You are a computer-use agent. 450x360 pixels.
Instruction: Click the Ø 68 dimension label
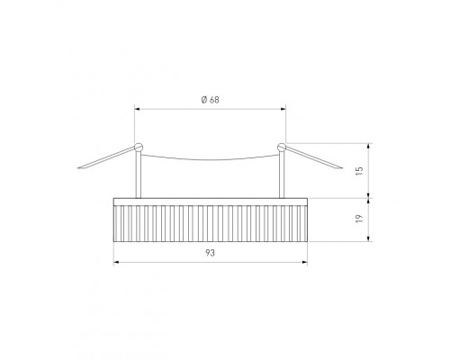click(210, 100)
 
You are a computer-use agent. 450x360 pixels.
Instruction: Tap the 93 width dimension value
click(210, 253)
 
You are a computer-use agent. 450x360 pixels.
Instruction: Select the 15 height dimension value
click(359, 170)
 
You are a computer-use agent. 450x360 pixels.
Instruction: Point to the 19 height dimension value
click(359, 218)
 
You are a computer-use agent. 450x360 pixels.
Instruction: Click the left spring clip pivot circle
click(139, 147)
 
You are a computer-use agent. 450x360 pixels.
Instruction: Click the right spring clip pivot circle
click(282, 147)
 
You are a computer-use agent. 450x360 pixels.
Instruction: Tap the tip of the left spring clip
click(78, 167)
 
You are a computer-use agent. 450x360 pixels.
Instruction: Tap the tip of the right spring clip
click(342, 167)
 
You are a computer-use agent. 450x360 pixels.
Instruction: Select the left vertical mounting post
click(139, 175)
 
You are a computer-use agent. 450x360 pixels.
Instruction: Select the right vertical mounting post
click(282, 175)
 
